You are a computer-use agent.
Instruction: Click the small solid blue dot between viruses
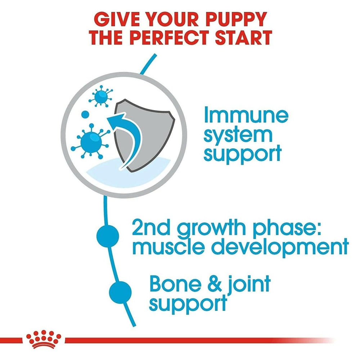tap(85, 114)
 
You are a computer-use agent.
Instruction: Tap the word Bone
tap(175, 284)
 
